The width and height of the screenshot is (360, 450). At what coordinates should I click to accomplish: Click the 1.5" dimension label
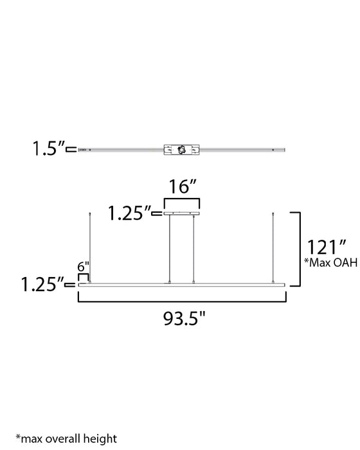click(x=50, y=149)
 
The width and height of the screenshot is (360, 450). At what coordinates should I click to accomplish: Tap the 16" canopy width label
click(x=182, y=188)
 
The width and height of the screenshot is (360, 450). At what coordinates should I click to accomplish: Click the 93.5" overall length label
click(x=182, y=317)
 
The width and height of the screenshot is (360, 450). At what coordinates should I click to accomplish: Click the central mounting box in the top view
click(x=182, y=149)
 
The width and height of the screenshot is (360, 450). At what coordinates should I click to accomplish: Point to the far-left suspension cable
click(x=89, y=247)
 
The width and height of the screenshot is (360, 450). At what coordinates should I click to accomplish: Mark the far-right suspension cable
click(x=275, y=247)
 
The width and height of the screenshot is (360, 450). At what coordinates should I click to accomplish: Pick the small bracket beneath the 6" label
click(x=83, y=277)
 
